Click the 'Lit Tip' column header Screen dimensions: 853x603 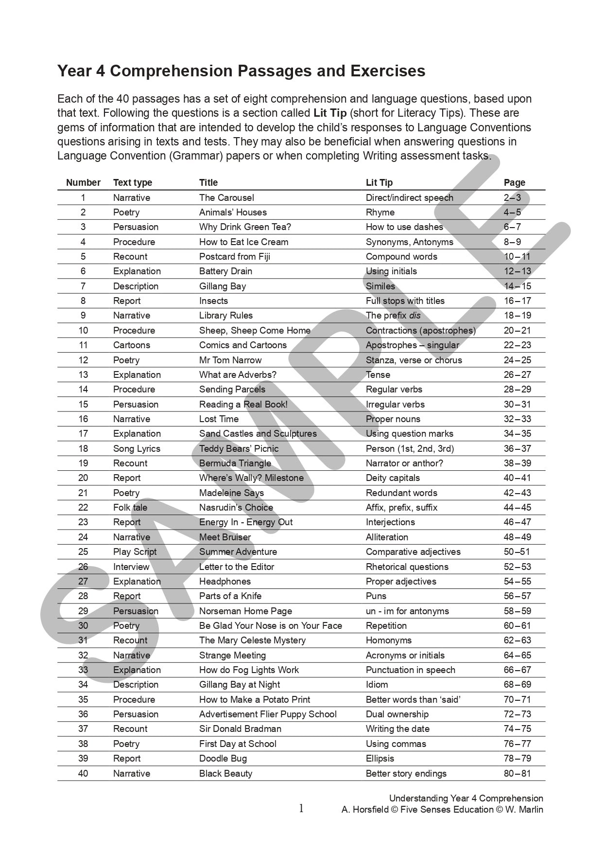(379, 183)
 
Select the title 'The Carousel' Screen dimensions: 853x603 (226, 198)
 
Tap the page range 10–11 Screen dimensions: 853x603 (517, 257)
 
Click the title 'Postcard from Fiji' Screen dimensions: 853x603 (234, 257)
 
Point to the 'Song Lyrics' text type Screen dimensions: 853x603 (137, 449)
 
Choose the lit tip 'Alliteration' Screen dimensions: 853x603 (387, 537)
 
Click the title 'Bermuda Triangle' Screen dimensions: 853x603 (235, 463)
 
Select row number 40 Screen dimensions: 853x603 (83, 774)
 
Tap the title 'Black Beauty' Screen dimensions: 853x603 (225, 774)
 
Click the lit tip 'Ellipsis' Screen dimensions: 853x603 (380, 759)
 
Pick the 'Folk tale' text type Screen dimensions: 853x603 (130, 508)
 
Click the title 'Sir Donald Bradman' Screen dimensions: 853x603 (240, 729)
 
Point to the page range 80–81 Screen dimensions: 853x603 (517, 774)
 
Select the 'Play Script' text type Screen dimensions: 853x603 (135, 552)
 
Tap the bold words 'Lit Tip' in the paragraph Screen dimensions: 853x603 (330, 113)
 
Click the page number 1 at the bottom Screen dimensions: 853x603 (301, 809)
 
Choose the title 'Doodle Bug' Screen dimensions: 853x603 (223, 759)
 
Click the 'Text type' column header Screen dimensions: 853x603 (133, 183)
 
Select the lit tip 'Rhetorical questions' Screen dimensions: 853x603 (407, 567)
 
